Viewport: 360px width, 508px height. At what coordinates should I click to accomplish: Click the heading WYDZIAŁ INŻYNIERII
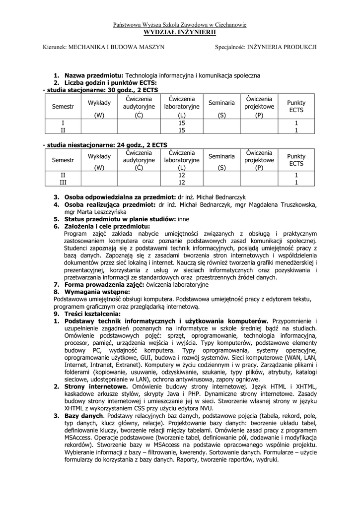[x=180, y=32]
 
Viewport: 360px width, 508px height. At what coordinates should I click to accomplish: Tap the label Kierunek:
[x=55, y=47]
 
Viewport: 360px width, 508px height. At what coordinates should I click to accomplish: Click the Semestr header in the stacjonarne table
[x=63, y=107]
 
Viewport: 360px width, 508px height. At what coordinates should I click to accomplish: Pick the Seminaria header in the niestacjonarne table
[x=221, y=156]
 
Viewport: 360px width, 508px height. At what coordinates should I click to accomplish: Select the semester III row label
[x=63, y=183]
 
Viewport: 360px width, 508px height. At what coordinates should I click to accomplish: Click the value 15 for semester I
[x=181, y=122]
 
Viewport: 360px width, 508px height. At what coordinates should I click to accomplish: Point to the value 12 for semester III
[x=181, y=183]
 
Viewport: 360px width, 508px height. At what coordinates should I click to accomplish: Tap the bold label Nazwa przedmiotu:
[x=94, y=75]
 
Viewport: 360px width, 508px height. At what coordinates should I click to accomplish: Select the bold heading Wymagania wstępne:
[x=97, y=292]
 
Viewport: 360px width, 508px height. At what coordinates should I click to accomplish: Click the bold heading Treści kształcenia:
[x=92, y=314]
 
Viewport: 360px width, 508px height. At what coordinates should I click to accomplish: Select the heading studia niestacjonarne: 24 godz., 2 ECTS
[x=106, y=144]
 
